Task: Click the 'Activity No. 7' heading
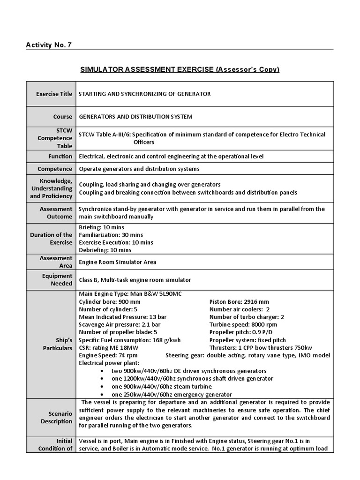coord(49,45)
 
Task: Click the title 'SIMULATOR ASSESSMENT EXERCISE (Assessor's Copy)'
coord(180,69)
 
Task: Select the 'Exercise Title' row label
coord(54,94)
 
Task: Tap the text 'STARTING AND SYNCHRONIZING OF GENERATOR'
coord(144,94)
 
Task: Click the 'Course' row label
coord(62,116)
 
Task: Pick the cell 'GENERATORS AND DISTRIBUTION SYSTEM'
coord(135,116)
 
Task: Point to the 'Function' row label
coord(60,156)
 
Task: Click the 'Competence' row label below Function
coord(57,169)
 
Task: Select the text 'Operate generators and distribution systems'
coord(139,169)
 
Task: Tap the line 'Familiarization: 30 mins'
coord(111,234)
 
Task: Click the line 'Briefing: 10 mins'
coord(101,227)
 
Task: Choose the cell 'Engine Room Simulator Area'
coord(117,262)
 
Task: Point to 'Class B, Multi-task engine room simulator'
coord(135,280)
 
